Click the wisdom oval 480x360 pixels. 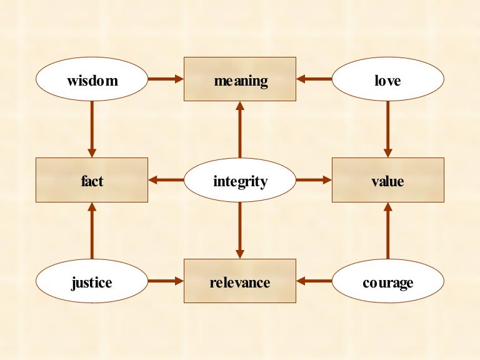click(x=92, y=80)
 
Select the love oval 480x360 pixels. click(x=387, y=80)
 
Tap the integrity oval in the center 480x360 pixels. click(x=240, y=181)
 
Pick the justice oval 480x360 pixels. click(x=92, y=282)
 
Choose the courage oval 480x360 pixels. click(x=387, y=282)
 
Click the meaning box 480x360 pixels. click(x=240, y=79)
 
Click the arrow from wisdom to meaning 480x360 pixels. click(x=166, y=79)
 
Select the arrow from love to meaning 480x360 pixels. click(x=314, y=79)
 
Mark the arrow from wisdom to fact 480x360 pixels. click(x=92, y=129)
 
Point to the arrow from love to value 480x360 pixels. click(x=387, y=129)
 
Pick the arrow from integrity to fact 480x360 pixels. click(x=166, y=181)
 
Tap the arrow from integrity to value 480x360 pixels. click(x=314, y=181)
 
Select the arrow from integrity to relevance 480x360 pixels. click(x=240, y=231)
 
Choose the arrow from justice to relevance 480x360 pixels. click(x=166, y=282)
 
